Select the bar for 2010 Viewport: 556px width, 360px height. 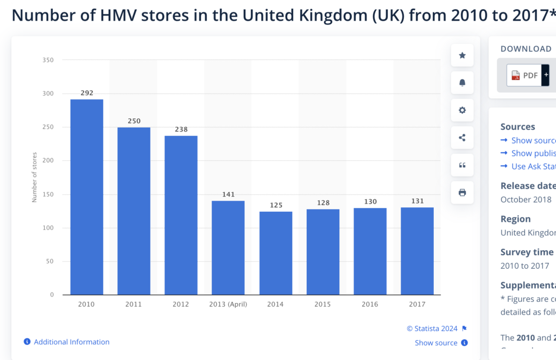tap(86, 197)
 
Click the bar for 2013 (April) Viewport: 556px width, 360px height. tap(228, 248)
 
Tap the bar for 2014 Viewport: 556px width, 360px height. tap(275, 253)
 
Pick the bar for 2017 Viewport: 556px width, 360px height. tap(417, 251)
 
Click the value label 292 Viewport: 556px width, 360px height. tap(86, 93)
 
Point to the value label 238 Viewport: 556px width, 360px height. tap(181, 130)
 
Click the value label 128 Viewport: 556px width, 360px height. tap(323, 203)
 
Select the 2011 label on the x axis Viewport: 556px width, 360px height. tap(134, 305)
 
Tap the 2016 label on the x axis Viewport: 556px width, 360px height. tap(370, 305)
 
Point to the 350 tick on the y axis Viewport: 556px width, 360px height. tap(48, 60)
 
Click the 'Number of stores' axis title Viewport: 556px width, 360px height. tap(34, 178)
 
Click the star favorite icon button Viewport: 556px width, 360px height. tap(462, 55)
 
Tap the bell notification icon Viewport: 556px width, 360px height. tap(462, 83)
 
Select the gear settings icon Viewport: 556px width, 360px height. tap(462, 110)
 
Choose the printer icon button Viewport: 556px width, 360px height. tap(462, 193)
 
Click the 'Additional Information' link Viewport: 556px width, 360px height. tap(71, 342)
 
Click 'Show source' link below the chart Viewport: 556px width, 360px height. tap(436, 343)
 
